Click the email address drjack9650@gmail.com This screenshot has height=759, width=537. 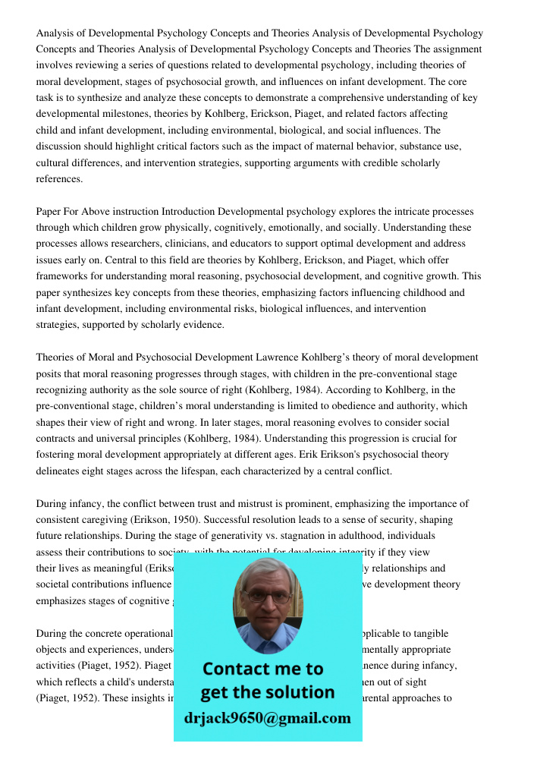[267, 718]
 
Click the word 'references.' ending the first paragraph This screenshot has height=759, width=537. [59, 179]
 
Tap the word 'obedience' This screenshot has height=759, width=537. [336, 406]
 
